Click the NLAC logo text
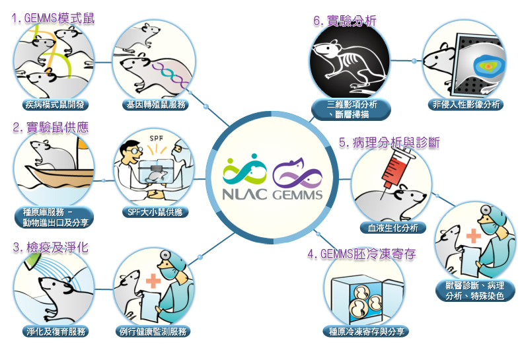(x=244, y=194)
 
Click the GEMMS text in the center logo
(x=297, y=194)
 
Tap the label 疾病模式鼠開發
(x=56, y=105)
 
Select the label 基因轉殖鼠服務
(x=155, y=105)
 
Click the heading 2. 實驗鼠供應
(x=51, y=127)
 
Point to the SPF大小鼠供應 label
(x=155, y=212)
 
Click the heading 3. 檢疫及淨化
(x=51, y=248)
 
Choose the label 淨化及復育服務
(x=56, y=332)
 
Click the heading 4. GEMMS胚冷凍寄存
(x=361, y=254)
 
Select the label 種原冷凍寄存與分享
(x=366, y=332)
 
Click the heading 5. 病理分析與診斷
(x=389, y=143)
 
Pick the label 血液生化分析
(x=393, y=228)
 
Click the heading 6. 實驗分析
(x=345, y=21)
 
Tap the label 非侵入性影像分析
(x=466, y=104)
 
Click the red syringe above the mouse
(x=398, y=170)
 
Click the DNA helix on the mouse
(x=170, y=74)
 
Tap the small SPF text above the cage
(x=156, y=139)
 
